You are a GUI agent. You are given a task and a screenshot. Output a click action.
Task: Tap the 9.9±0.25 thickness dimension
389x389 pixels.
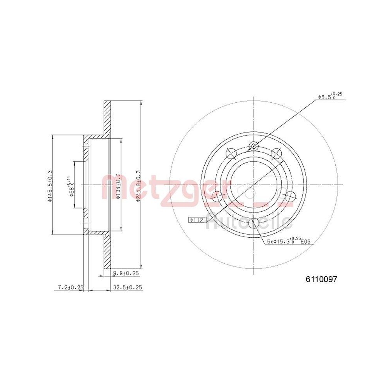[x=126, y=273]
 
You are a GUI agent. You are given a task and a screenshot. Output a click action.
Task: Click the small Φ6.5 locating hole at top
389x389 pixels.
[x=254, y=146]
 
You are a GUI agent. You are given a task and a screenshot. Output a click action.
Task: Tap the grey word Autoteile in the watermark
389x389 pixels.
[x=249, y=223]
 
